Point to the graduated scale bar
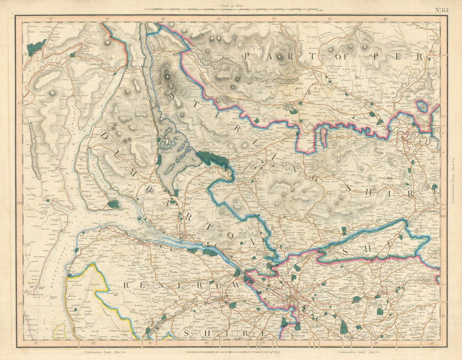click(x=231, y=9)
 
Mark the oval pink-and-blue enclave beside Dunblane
click(x=421, y=106)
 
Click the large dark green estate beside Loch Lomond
click(x=213, y=159)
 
